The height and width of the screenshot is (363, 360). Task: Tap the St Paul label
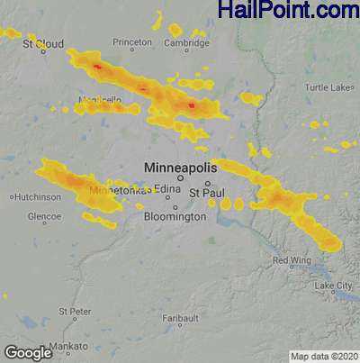(x=204, y=193)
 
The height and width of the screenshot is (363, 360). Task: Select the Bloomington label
(x=175, y=217)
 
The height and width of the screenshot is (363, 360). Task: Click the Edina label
(x=167, y=188)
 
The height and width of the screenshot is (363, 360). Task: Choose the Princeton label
(x=132, y=42)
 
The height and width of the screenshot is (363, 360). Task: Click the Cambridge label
(x=186, y=42)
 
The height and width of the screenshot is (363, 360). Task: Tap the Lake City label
(x=333, y=286)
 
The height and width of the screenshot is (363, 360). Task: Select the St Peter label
(x=75, y=311)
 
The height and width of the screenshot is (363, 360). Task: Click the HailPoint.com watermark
(x=287, y=11)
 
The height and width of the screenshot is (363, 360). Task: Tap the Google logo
(x=27, y=352)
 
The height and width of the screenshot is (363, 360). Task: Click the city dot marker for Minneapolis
(x=180, y=177)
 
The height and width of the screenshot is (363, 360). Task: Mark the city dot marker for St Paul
(x=207, y=183)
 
